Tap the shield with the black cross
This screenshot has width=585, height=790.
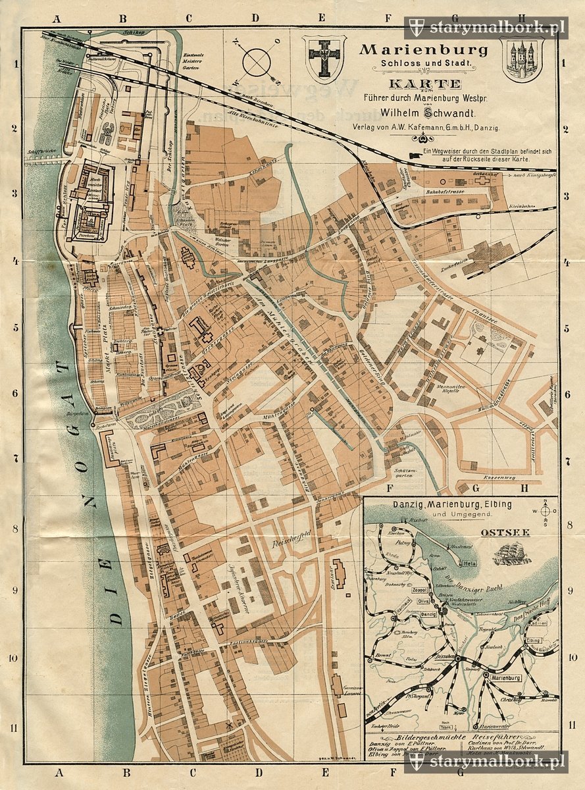point(323,57)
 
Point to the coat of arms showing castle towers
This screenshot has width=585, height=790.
point(521,59)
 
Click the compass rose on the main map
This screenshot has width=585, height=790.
point(257,62)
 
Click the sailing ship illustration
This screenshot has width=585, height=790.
point(512,552)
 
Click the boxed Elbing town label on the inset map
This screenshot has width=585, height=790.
point(533,640)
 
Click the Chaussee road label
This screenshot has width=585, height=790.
point(486,313)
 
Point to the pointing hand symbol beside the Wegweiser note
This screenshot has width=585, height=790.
point(415,155)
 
